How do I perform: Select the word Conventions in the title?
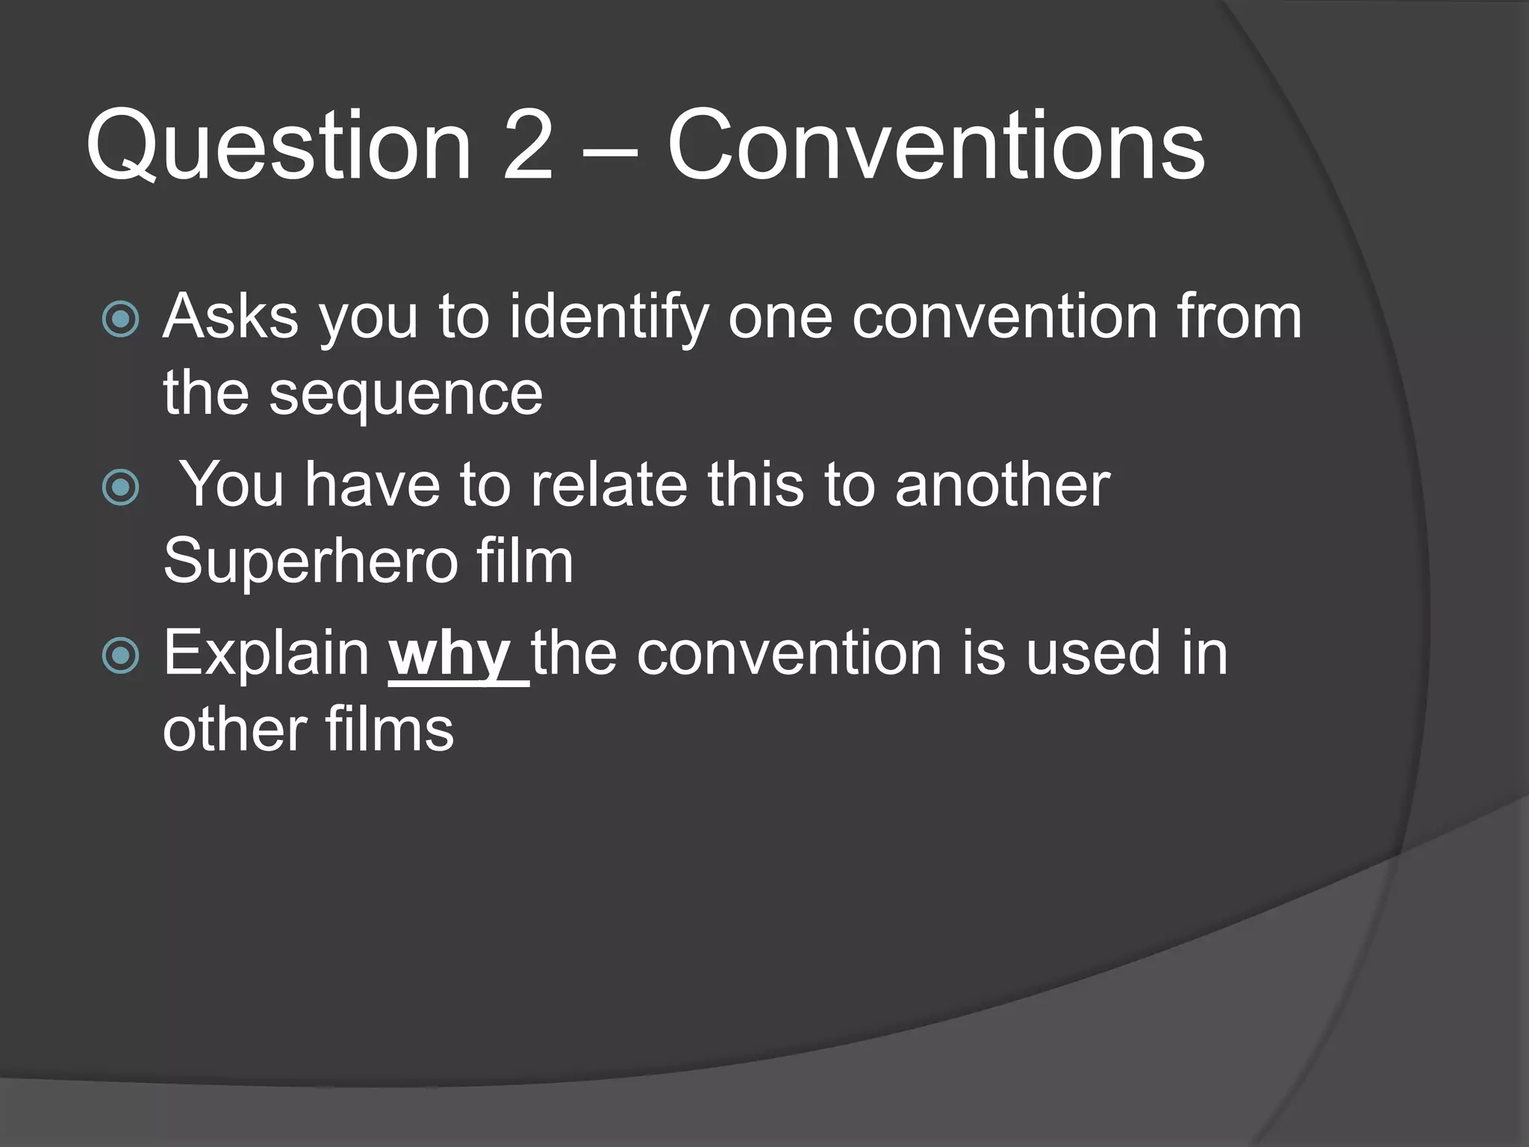935,146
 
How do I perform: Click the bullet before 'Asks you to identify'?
121,319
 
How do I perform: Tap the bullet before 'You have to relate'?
121,487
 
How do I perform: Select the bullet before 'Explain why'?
121,656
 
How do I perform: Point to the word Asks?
231,317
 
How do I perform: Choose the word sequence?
405,396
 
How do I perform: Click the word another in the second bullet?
1003,485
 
